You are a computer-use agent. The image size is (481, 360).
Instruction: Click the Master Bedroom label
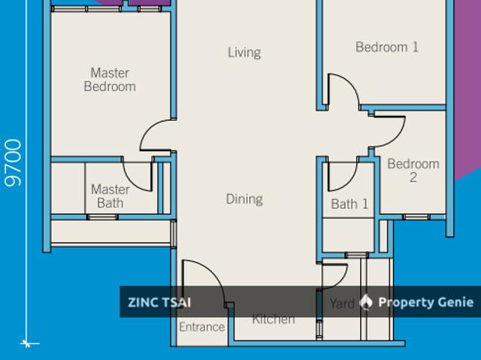tap(110, 80)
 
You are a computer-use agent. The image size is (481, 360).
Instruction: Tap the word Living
tap(244, 53)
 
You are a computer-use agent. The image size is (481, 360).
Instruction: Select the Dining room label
tap(244, 199)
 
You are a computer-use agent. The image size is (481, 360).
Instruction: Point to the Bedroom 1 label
tap(387, 47)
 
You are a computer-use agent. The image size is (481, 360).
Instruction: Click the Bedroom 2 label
tap(413, 171)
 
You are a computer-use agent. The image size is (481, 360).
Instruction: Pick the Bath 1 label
tap(349, 204)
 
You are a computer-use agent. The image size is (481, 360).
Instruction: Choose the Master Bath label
tap(110, 196)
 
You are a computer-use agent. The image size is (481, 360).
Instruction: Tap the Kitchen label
tap(274, 319)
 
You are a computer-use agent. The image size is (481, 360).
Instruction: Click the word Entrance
tap(202, 327)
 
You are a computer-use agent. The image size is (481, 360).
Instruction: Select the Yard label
tap(342, 304)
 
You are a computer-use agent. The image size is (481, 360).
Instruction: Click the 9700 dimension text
tap(14, 163)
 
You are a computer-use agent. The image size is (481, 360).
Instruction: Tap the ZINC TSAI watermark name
tap(159, 302)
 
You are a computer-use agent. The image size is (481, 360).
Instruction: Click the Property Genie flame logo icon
tap(366, 302)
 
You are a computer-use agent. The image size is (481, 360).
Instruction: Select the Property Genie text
tap(426, 302)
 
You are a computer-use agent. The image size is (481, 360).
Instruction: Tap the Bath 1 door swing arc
tap(349, 181)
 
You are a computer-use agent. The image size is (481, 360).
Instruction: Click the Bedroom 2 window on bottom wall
tap(416, 217)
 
